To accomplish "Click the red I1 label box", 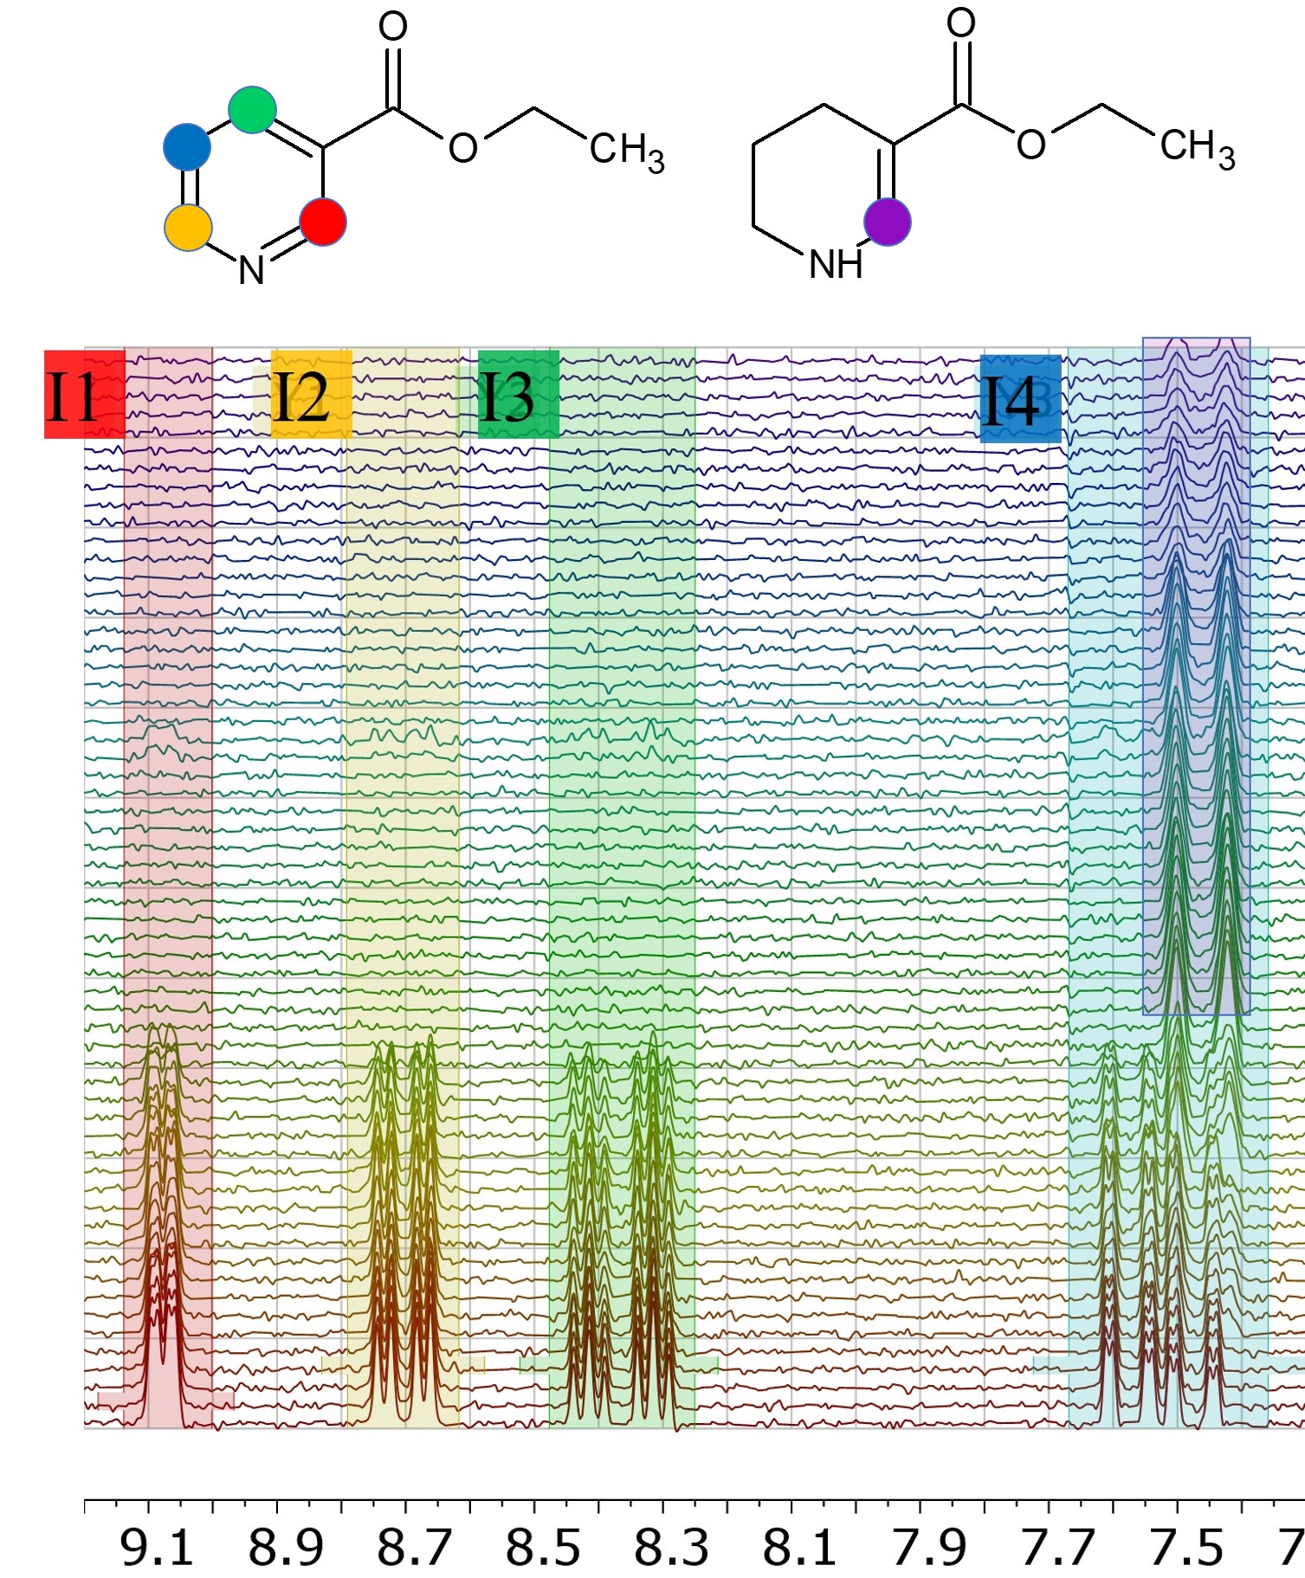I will (84, 394).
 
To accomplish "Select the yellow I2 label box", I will (311, 394).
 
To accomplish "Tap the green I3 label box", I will (518, 394).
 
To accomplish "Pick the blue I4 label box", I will (1020, 399).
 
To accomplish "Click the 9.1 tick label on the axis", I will (156, 1549).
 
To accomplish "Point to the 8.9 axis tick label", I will (285, 1549).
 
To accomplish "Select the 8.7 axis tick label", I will (413, 1549).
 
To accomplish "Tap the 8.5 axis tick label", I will (542, 1549).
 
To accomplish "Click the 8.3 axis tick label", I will (670, 1549).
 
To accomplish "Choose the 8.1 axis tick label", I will (799, 1549).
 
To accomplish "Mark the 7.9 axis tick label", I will (928, 1549).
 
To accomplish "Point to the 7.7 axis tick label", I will (1056, 1549).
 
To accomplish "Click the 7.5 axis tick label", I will (1185, 1549).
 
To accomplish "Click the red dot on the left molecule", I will (323, 222).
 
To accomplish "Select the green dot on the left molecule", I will (252, 110).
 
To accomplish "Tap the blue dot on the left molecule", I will (187, 147).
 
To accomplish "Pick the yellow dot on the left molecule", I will (188, 228).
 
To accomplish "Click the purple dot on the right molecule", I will (888, 222).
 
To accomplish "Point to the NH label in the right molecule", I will (836, 264).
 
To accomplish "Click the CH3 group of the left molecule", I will (626, 151).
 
